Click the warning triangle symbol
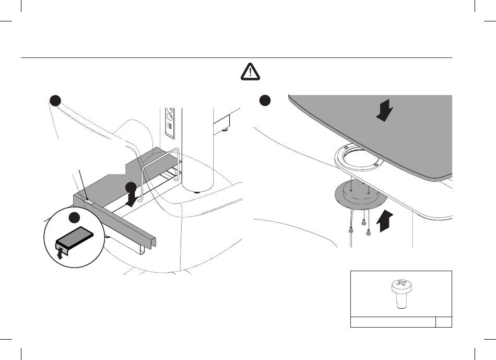pyautogui.click(x=251, y=71)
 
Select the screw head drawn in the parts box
pyautogui.click(x=400, y=285)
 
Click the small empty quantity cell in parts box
pyautogui.click(x=444, y=321)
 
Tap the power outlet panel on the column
pyautogui.click(x=170, y=122)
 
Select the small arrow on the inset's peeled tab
pyautogui.click(x=61, y=253)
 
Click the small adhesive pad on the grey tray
pyautogui.click(x=89, y=201)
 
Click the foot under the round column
pyautogui.click(x=196, y=192)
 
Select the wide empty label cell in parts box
pyautogui.click(x=393, y=321)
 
